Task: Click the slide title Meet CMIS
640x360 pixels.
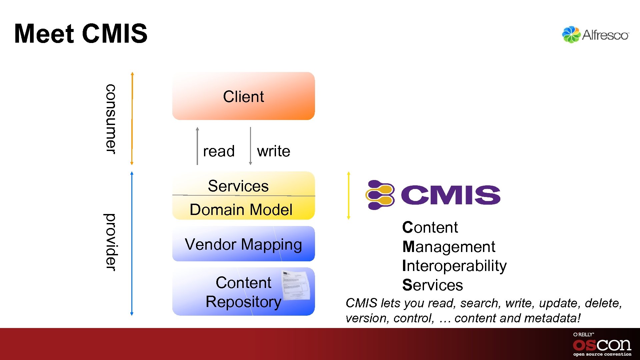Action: pyautogui.click(x=81, y=34)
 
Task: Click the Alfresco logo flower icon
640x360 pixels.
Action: pyautogui.click(x=571, y=35)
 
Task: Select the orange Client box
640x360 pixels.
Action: pyautogui.click(x=243, y=96)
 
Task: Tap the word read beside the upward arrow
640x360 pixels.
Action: pyautogui.click(x=219, y=151)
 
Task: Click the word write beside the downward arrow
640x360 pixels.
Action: pyautogui.click(x=273, y=151)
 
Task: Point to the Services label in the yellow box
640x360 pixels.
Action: pyautogui.click(x=238, y=186)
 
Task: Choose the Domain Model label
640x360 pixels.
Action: pyautogui.click(x=241, y=210)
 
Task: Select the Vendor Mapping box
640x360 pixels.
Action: pyautogui.click(x=243, y=244)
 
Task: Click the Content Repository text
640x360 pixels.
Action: pyautogui.click(x=243, y=292)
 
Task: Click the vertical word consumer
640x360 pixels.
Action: pyautogui.click(x=110, y=119)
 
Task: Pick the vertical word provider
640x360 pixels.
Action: pyautogui.click(x=110, y=242)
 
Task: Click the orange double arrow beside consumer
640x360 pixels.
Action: pyautogui.click(x=132, y=118)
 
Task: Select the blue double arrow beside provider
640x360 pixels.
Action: pyautogui.click(x=132, y=243)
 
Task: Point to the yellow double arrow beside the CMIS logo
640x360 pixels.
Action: pyautogui.click(x=349, y=195)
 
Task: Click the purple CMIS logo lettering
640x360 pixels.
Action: pyautogui.click(x=450, y=195)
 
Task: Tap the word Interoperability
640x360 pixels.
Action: pyautogui.click(x=454, y=266)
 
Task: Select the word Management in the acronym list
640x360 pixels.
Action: pyautogui.click(x=449, y=247)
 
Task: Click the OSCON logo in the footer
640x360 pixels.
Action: pyautogui.click(x=602, y=345)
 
